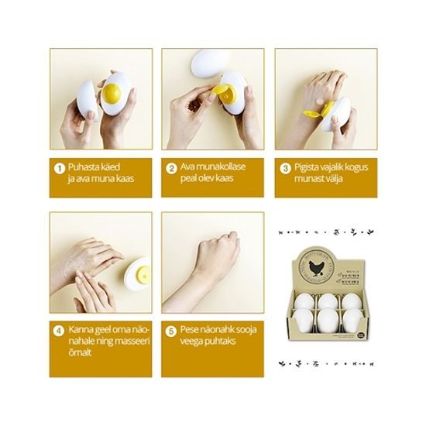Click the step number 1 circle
[57, 167]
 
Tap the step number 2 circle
[170, 167]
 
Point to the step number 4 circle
[57, 330]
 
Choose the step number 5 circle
[170, 330]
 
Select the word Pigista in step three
[308, 167]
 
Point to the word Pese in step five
[190, 330]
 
